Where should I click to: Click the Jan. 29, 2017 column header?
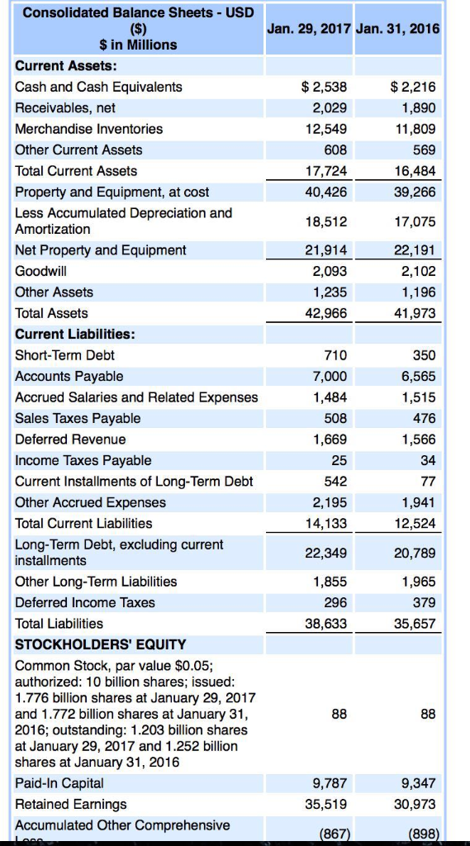click(x=310, y=28)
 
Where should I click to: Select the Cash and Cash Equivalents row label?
click(x=99, y=87)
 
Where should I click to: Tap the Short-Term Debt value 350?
click(x=425, y=355)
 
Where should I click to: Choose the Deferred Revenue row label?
click(x=71, y=440)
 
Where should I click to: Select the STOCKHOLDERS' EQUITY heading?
click(x=101, y=644)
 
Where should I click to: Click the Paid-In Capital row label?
click(x=59, y=782)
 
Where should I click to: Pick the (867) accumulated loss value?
click(x=332, y=833)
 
